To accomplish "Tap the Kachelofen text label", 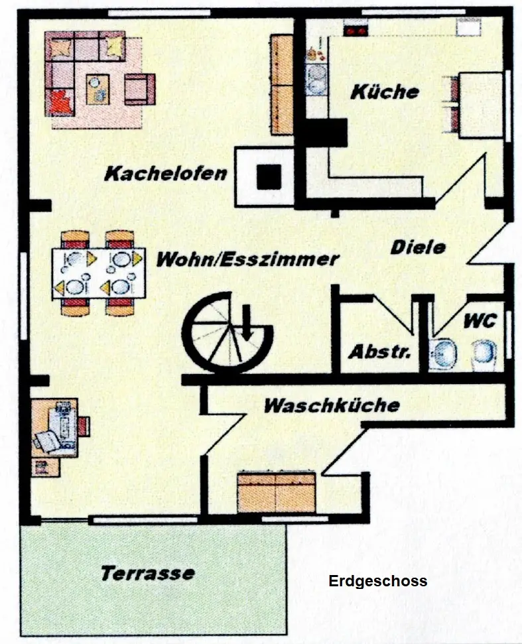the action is point(166,174).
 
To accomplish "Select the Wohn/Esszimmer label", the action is point(247,259).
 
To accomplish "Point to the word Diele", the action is point(418,247).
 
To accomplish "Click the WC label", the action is point(480,321).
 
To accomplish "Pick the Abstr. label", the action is point(380,351).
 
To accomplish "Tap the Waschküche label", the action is point(332,405).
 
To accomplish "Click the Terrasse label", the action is point(148,572).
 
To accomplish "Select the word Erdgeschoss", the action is point(378,582).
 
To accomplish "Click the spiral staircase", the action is point(228,332).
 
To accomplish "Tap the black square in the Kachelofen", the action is point(269,176).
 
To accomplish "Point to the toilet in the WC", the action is point(484,354).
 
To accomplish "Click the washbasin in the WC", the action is point(442,352).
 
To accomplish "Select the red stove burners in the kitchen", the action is point(355,29).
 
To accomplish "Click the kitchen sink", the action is point(316,78).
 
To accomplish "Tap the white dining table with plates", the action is point(98,273).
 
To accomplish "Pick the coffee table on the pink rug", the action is point(98,88).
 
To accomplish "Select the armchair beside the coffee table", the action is point(139,89).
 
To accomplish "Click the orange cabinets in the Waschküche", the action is point(276,491).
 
